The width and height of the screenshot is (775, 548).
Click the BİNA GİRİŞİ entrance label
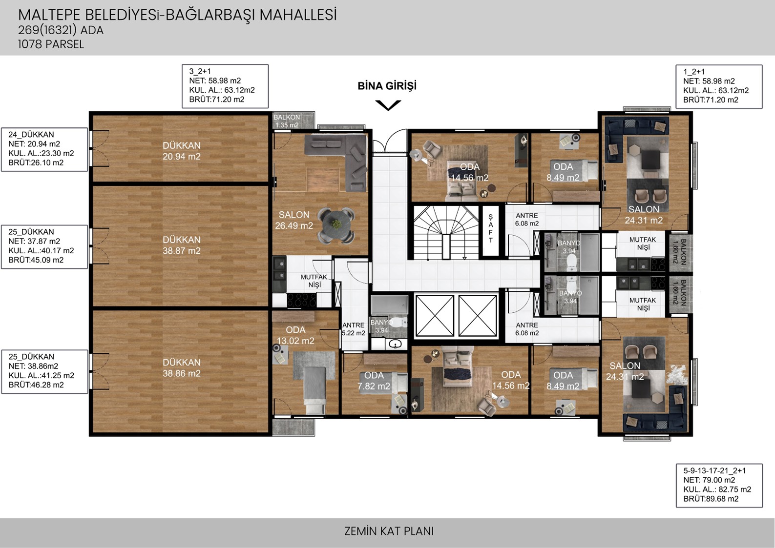(x=387, y=86)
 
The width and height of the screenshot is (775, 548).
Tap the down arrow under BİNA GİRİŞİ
(x=388, y=105)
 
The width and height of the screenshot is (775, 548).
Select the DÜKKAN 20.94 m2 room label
(x=181, y=151)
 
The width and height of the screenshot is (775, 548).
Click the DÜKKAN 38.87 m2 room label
(x=181, y=245)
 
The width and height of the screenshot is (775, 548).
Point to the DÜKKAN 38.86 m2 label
(x=181, y=368)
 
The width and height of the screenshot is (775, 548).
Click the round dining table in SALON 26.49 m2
(x=336, y=224)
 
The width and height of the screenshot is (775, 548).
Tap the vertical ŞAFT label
(x=490, y=228)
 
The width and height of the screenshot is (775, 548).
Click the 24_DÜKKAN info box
(x=44, y=149)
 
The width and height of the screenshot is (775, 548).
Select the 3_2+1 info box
(x=225, y=86)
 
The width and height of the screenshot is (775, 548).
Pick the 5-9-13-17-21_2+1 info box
(x=719, y=486)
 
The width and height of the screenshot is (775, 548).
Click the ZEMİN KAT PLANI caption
(x=389, y=531)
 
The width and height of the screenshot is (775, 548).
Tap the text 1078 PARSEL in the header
(x=51, y=44)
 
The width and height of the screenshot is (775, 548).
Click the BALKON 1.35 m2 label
(x=287, y=121)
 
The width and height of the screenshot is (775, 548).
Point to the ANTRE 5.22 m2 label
(x=353, y=329)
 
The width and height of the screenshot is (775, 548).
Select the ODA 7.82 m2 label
(x=374, y=381)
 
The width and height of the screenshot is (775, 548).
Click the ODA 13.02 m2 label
(x=295, y=335)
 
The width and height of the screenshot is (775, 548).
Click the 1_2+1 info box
(x=719, y=86)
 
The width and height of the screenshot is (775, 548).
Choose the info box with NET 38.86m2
(x=44, y=372)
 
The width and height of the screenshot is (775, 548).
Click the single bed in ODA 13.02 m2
(x=315, y=390)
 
